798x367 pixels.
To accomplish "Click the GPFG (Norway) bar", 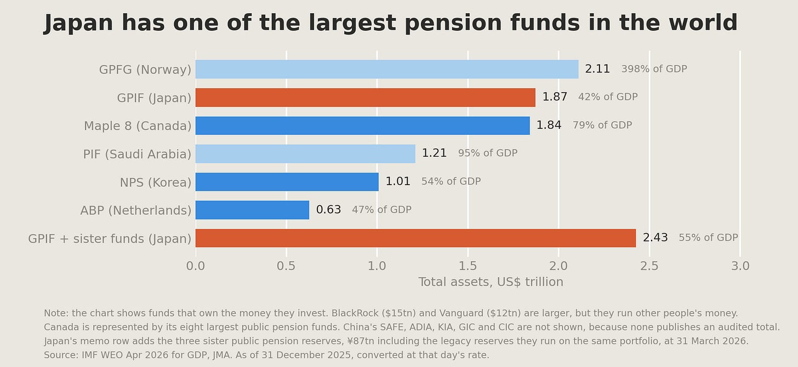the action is point(387,69).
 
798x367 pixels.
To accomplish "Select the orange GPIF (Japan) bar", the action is point(366,97).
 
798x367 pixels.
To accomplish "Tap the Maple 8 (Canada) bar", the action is point(363,125).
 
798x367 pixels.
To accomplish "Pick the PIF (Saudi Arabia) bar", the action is point(305,153).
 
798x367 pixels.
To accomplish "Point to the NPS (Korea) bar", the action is point(287,181).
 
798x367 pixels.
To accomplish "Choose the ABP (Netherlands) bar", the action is point(252,210).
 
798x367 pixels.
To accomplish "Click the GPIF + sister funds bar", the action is point(416,238).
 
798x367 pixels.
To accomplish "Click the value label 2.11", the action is point(597,68).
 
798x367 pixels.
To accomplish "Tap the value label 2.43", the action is point(655,237).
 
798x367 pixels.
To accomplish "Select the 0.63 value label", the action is point(328,209).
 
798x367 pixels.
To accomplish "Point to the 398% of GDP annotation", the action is point(654,68).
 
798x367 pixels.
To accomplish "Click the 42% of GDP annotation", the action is point(608,97).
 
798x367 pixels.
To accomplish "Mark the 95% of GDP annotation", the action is point(488,153).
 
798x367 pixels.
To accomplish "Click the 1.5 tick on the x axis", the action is point(468,266).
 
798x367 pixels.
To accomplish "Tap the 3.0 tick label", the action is point(740,266).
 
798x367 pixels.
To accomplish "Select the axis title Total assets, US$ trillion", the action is point(491,282).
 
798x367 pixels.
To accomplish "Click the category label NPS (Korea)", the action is point(156,182).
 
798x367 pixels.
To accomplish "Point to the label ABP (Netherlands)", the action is point(136,211).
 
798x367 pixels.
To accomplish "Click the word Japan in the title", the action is point(78,23).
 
